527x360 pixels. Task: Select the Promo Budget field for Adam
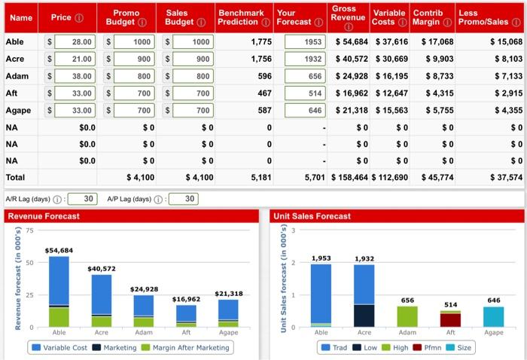(133, 76)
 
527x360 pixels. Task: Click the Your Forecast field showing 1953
(306, 41)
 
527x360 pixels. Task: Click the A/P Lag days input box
(184, 199)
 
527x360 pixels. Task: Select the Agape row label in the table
(19, 110)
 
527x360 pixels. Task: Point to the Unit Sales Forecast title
(312, 216)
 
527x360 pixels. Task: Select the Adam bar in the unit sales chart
(407, 316)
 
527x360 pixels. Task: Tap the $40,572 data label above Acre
(102, 269)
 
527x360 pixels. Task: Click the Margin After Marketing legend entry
(189, 347)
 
